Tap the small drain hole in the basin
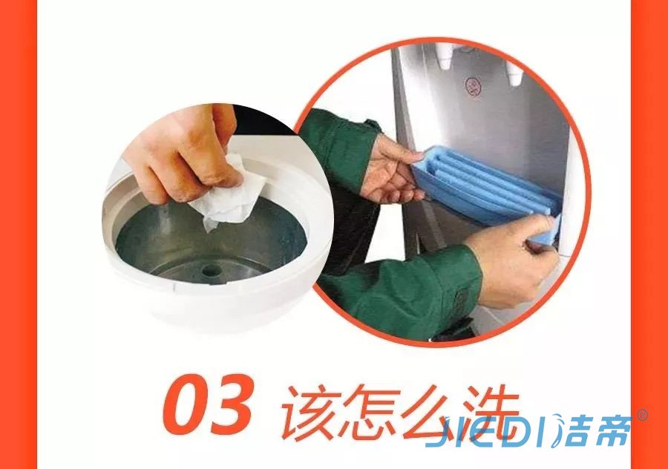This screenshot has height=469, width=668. point(210,270)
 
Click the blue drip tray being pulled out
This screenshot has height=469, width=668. point(485,186)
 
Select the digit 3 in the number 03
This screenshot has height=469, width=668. point(232,404)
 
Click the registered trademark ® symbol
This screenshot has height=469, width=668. point(642,415)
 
